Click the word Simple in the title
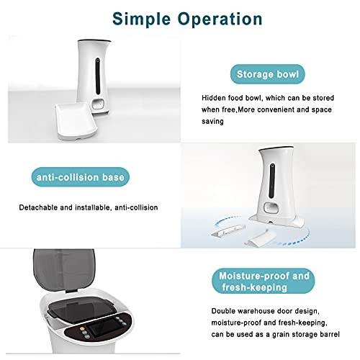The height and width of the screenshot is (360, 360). (142, 19)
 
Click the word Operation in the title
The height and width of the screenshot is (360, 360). (220, 19)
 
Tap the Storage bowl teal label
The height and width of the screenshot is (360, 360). (268, 74)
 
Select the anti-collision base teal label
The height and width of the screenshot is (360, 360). (81, 177)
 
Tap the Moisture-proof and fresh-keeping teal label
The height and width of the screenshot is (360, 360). (264, 281)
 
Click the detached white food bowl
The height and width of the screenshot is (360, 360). (76, 121)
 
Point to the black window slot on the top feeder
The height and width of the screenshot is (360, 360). (98, 76)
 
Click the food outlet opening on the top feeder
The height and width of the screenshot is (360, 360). (98, 104)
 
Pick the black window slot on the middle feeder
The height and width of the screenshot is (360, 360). (272, 181)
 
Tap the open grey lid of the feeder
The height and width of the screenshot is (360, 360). (64, 270)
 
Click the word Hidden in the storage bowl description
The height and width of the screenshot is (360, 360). (213, 98)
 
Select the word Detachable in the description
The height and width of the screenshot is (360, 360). (38, 207)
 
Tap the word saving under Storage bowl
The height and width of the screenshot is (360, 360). (212, 122)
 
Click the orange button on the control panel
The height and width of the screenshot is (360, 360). (82, 328)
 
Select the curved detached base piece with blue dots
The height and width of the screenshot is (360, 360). (258, 238)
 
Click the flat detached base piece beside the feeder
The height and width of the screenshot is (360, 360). (228, 231)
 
